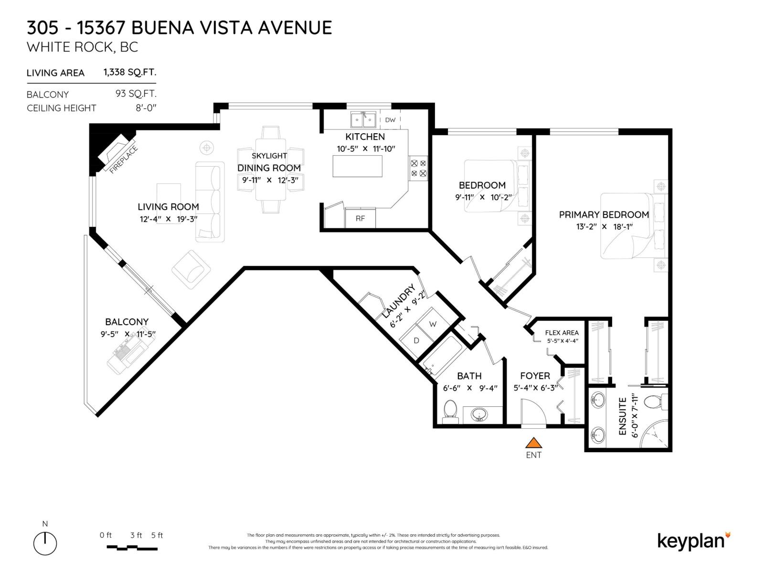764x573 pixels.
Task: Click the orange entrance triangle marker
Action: click(533, 443)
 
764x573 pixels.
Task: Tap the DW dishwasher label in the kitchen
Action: click(390, 120)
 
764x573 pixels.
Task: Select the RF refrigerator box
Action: click(360, 218)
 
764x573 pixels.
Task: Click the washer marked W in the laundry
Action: click(433, 324)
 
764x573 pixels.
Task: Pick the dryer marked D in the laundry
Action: click(416, 340)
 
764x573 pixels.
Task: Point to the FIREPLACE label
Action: click(123, 159)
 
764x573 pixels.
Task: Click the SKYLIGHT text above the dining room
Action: click(269, 156)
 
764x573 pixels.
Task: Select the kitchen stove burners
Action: click(418, 169)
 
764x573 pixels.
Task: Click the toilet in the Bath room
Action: click(450, 411)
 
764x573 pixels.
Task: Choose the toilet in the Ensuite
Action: click(653, 402)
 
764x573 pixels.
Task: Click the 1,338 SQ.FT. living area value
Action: click(130, 72)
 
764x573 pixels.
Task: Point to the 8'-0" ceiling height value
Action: click(146, 108)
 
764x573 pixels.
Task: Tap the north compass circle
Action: click(45, 543)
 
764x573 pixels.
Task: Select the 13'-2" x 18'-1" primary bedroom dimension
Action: click(604, 227)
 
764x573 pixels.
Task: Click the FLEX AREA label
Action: click(562, 332)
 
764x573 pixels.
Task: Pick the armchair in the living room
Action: click(191, 269)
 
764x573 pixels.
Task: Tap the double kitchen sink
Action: click(363, 119)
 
